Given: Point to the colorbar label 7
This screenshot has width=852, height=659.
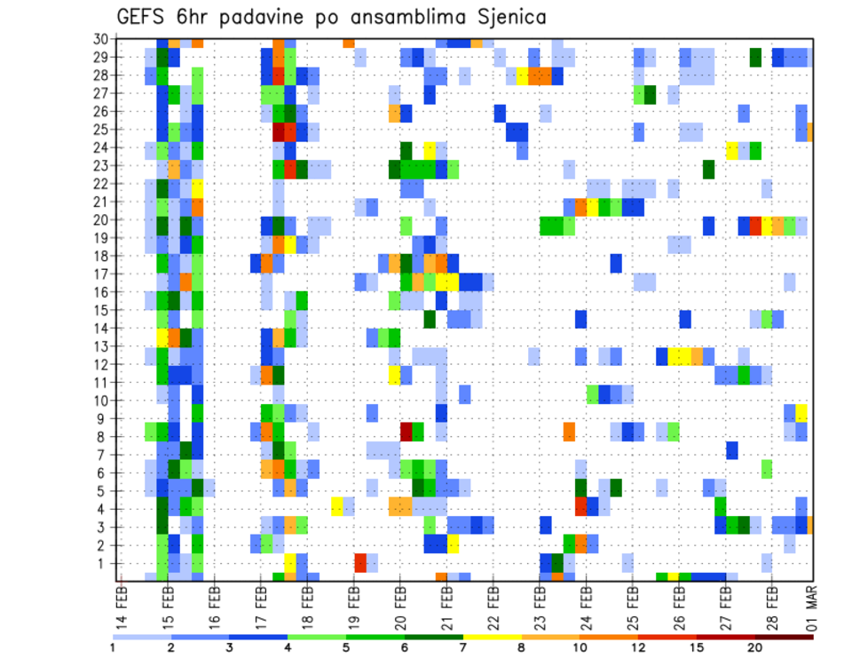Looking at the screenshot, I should coord(463,647).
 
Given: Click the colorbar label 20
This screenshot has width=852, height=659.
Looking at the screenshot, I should coord(755,647).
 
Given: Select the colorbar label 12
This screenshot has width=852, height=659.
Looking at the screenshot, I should coord(638,647).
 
